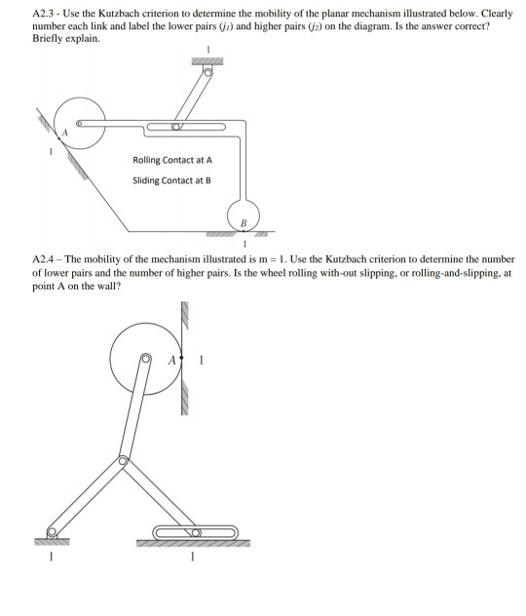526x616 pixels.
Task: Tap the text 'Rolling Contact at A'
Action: tap(170, 160)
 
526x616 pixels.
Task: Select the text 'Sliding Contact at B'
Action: tap(170, 179)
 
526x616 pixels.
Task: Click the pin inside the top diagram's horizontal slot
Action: tap(176, 127)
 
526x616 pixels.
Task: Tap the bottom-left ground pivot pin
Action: tap(54, 533)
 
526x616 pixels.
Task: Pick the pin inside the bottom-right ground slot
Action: tap(195, 533)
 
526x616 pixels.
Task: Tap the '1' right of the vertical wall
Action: tap(200, 359)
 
